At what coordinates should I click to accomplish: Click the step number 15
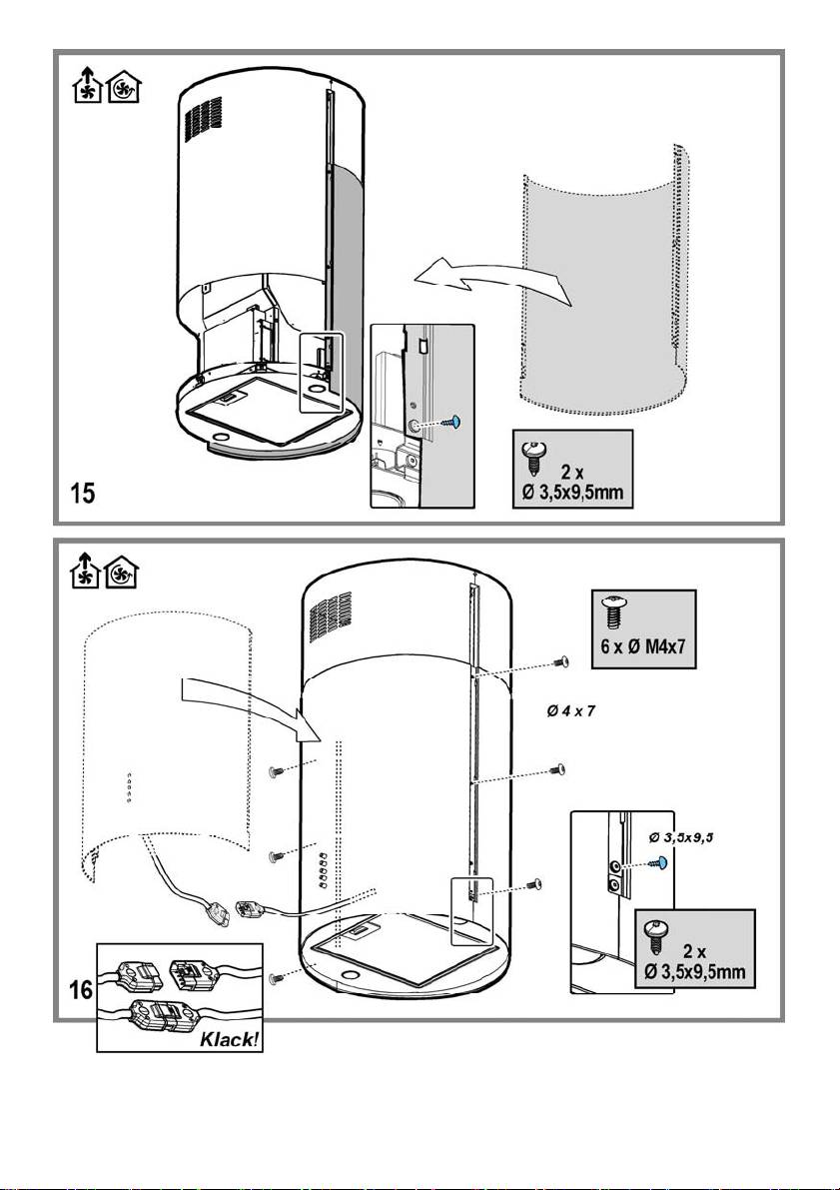83,494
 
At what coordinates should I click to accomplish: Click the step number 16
81,990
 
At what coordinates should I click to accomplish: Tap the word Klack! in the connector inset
229,1039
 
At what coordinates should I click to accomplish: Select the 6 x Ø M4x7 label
643,647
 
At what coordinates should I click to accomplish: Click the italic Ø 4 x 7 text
571,711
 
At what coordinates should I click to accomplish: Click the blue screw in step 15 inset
452,420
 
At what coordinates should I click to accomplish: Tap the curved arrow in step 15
493,280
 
